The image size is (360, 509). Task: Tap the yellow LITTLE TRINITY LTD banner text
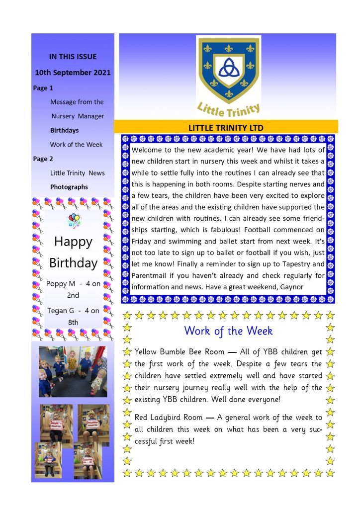[226, 128]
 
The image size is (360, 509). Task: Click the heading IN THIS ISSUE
[73, 57]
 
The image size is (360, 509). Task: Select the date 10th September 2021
[73, 73]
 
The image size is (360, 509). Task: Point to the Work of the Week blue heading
[228, 331]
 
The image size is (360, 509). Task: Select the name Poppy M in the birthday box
[61, 284]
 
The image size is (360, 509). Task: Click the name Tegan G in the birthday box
[61, 311]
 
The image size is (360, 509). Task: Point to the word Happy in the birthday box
[73, 242]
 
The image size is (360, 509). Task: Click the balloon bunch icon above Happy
[73, 220]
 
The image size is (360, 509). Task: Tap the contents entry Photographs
[69, 187]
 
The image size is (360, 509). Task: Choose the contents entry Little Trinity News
[77, 173]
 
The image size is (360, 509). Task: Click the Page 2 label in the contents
[43, 159]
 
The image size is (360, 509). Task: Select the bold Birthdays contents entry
[64, 130]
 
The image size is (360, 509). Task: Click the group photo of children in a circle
[73, 371]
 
